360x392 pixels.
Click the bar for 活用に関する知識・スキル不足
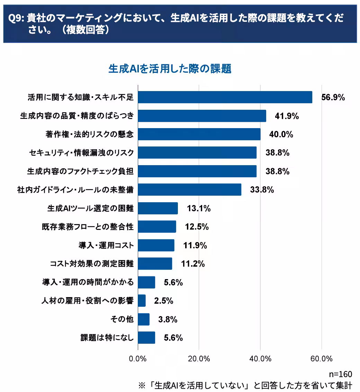point(225,97)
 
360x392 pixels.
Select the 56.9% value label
point(333,97)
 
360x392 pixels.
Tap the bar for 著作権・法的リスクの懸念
point(199,134)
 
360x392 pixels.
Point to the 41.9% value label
point(287,116)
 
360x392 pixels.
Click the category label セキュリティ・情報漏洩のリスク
point(80,153)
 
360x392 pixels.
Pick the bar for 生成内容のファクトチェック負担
point(197,171)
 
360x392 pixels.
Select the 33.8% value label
point(262,190)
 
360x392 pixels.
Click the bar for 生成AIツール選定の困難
point(158,208)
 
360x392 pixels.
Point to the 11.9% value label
point(195,246)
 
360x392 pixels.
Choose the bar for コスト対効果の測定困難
point(155,264)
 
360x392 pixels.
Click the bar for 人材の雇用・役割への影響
point(142,301)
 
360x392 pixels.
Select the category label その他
point(122,319)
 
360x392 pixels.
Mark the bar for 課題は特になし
point(146,338)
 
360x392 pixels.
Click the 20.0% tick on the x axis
point(199,359)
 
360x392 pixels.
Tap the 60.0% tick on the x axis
point(322,359)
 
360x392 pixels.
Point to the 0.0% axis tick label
point(138,359)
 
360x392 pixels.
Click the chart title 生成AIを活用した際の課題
point(170,69)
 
